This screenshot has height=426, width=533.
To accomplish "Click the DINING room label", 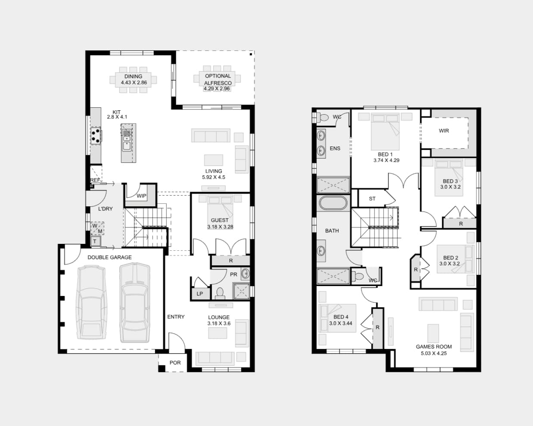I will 133,76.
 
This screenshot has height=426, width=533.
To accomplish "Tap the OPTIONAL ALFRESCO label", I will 218,79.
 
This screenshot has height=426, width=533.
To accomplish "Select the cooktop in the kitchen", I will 96,135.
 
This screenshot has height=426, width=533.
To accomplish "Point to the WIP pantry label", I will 141,196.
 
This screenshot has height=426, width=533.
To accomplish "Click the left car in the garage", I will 91,302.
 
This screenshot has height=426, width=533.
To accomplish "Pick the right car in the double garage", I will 134,302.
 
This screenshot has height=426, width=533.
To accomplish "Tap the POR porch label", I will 175,363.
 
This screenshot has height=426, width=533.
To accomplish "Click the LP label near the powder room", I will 200,294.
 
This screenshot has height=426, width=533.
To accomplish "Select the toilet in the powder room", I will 220,293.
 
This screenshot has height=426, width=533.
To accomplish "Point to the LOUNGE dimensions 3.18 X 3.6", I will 219,323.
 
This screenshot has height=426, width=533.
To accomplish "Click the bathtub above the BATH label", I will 332,203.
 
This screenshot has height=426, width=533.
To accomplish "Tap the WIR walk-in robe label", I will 444,131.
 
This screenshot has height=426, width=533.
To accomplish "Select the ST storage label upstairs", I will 372,199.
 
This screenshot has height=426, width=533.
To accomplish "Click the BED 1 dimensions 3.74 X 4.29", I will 386,160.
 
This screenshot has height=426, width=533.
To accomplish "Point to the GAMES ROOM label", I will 433,346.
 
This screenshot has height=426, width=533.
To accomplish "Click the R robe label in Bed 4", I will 377,327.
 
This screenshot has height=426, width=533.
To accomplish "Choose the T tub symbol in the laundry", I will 95,242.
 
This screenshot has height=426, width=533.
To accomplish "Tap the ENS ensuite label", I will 335,148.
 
